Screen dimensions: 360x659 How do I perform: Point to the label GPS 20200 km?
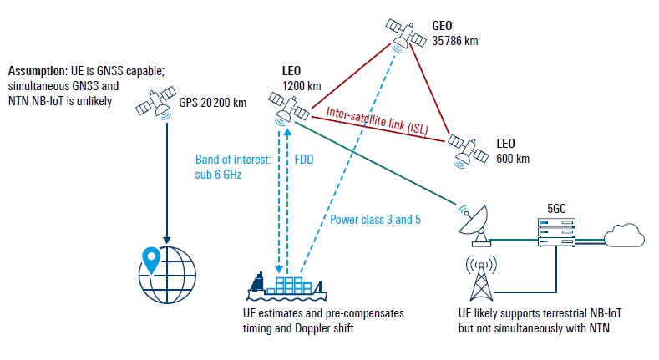click(212, 104)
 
